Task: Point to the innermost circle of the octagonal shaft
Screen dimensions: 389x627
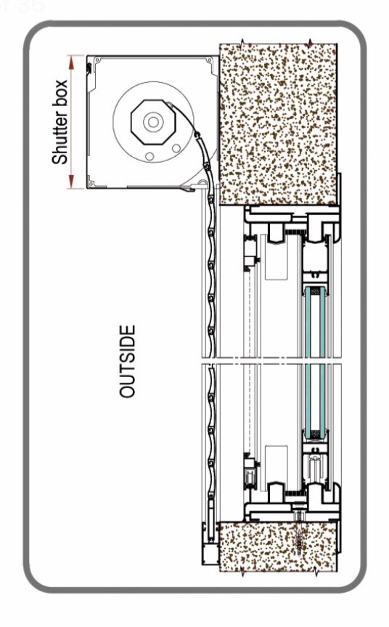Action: [153, 121]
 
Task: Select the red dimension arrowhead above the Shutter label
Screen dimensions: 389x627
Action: [72, 61]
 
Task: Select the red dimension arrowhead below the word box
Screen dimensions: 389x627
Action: [72, 182]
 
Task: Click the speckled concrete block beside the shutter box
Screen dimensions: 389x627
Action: [279, 124]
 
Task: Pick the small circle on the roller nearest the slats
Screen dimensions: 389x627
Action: [176, 148]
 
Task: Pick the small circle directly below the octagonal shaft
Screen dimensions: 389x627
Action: [150, 156]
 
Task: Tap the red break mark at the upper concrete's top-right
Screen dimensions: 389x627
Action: [310, 42]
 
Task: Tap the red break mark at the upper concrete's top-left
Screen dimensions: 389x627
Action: [243, 42]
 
